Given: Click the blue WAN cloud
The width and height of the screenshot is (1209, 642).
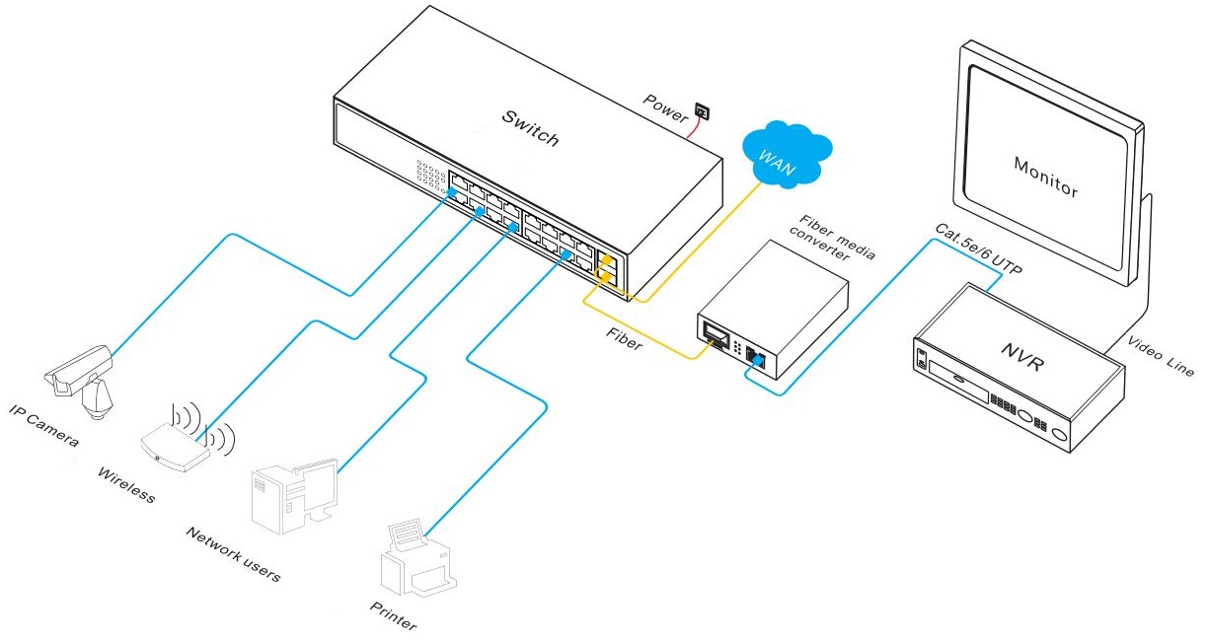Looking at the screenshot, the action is [787, 154].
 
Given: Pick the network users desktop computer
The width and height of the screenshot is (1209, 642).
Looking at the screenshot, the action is [295, 496].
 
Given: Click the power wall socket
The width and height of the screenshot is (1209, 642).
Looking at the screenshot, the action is [702, 111].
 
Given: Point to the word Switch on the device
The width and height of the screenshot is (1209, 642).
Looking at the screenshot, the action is [530, 128].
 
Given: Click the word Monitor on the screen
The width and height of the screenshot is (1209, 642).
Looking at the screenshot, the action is [1046, 178].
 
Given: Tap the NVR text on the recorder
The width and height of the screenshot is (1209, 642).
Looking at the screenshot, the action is [1022, 356].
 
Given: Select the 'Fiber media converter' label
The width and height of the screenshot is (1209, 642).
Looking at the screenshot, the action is [832, 239].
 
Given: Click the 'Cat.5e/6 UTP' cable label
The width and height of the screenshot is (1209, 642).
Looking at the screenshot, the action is [978, 250].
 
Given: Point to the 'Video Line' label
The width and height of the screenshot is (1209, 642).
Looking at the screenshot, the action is [1161, 356].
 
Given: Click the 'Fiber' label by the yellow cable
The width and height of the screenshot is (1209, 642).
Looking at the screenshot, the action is [624, 339].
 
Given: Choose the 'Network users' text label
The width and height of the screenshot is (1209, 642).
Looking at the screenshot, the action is [233, 554].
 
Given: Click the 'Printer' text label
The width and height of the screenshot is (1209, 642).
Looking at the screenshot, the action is [393, 616].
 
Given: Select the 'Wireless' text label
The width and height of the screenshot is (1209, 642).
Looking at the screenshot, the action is [126, 485].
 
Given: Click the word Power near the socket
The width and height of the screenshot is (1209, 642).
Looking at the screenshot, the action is [665, 108].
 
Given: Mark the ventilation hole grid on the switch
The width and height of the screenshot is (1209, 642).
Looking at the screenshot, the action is [431, 175].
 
